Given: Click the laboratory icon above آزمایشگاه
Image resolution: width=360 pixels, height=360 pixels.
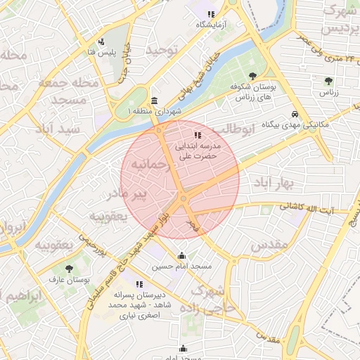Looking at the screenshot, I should point(210,14).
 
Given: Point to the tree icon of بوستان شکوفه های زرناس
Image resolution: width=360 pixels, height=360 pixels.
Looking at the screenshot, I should point(252,75).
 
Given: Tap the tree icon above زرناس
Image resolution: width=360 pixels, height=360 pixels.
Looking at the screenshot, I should point(328,82).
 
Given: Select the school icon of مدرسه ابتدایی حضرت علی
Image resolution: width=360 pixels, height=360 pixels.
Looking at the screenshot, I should point(198,134).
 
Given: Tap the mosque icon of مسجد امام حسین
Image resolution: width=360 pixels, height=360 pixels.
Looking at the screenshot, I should point(181,256).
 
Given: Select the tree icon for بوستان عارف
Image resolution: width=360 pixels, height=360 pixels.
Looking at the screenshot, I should point(68,268).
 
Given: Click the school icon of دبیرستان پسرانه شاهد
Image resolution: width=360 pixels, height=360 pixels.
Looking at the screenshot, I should point(139,284).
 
